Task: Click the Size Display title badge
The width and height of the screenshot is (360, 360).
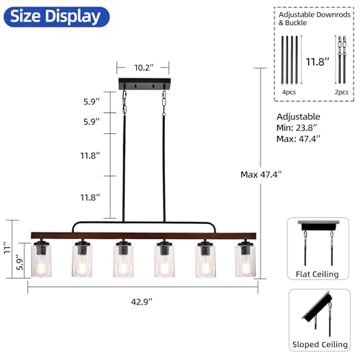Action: [x=56, y=17]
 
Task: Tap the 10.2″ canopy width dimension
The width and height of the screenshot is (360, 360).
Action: [x=144, y=68]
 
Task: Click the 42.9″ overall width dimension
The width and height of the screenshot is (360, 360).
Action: [x=142, y=302]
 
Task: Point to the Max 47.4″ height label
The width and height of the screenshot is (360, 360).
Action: [x=261, y=174]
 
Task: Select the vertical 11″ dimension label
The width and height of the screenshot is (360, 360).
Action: [x=7, y=249]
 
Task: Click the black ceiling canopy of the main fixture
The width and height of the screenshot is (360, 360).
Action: [x=145, y=84]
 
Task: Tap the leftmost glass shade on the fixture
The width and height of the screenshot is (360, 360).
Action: [x=41, y=260]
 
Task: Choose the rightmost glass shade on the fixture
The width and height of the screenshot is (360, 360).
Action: [x=246, y=260]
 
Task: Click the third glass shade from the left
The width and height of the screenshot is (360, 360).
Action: [x=123, y=260]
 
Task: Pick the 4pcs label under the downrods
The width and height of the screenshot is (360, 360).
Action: [x=289, y=92]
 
